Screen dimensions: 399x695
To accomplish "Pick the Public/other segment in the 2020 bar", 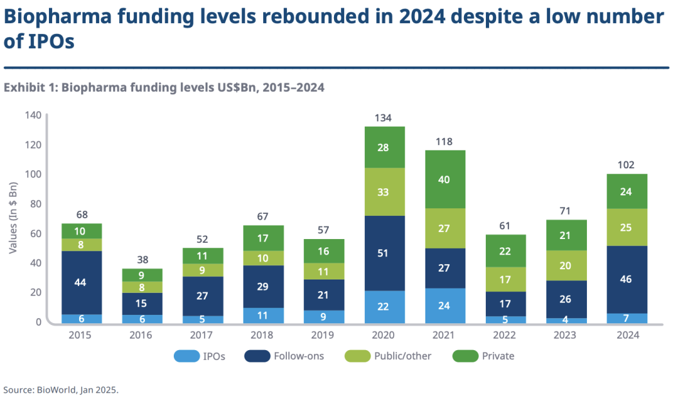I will point(384,191).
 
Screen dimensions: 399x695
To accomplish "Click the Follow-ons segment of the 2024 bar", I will point(627,279).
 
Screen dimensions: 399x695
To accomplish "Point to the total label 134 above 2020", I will point(384,118).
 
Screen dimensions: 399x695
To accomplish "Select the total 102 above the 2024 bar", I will point(626,165).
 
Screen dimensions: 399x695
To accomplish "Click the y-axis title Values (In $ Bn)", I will point(13,218).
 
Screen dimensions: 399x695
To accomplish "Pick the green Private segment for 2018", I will point(263,238).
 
